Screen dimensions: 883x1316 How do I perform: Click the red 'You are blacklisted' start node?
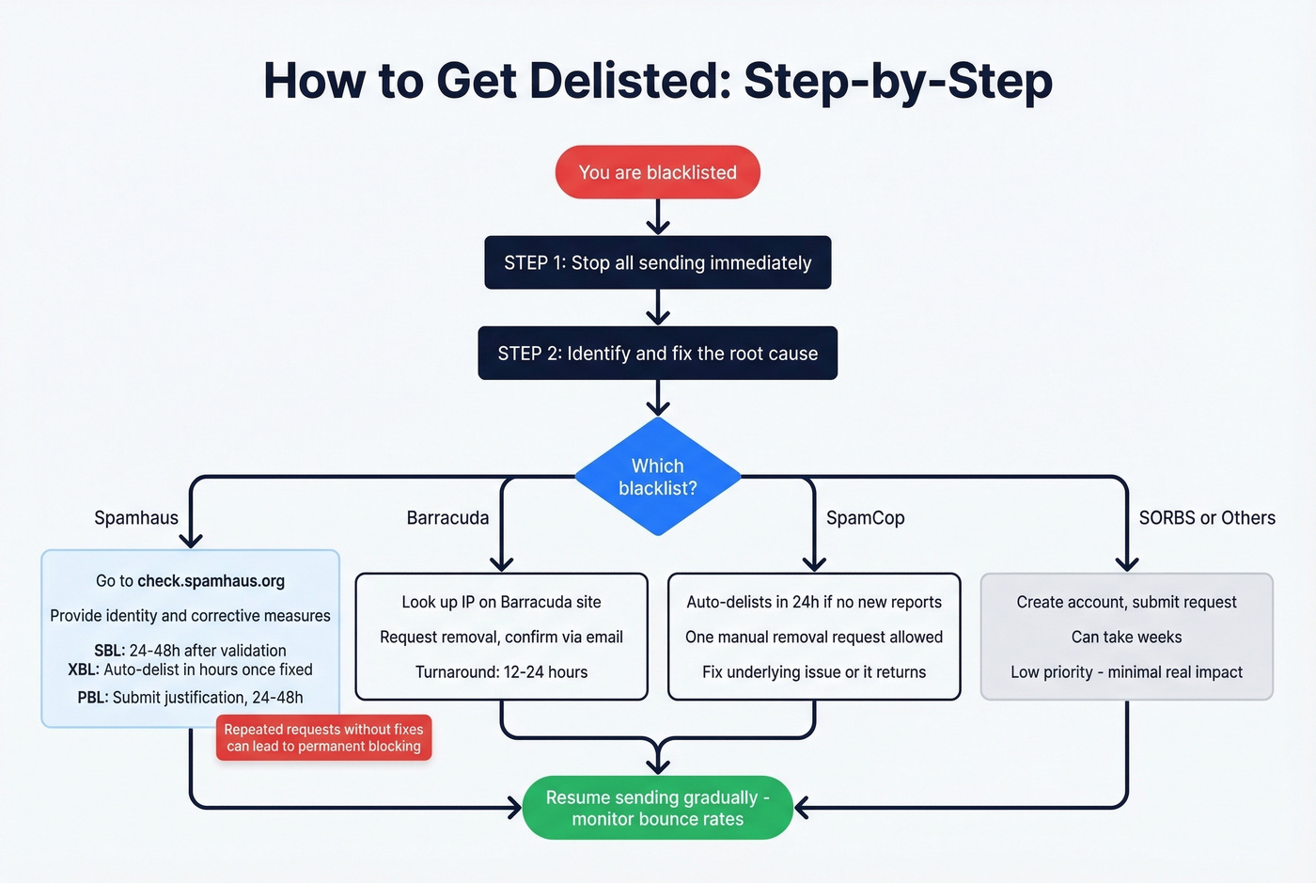click(x=657, y=172)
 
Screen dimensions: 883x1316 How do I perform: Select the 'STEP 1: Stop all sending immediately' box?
click(x=657, y=262)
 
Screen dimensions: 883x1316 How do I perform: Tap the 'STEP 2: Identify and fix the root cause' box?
click(x=657, y=354)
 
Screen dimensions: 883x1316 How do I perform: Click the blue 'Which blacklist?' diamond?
click(x=657, y=477)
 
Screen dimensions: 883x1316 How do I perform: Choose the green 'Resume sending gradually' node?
click(x=657, y=808)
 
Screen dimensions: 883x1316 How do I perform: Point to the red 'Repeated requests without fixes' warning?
click(x=323, y=738)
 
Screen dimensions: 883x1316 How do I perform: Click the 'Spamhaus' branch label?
click(x=136, y=518)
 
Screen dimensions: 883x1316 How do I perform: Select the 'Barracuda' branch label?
click(x=447, y=518)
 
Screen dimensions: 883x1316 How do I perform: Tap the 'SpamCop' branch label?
click(x=865, y=518)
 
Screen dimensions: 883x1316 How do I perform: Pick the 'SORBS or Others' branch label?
click(x=1207, y=518)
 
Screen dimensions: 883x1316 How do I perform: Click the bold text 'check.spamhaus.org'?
click(x=211, y=581)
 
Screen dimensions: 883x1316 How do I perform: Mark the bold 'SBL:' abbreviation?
click(x=109, y=651)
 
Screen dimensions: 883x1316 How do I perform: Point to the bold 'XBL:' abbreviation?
click(x=84, y=670)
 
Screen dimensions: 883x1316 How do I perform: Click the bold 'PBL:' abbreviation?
click(x=93, y=698)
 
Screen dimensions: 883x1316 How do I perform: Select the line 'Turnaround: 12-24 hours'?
click(x=501, y=672)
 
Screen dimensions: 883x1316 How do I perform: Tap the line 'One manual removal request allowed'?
click(x=813, y=638)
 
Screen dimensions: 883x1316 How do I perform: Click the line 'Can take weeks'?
click(x=1126, y=638)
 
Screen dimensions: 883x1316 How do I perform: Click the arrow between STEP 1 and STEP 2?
click(x=658, y=307)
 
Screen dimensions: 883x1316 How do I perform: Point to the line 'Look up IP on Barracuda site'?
click(x=501, y=603)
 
